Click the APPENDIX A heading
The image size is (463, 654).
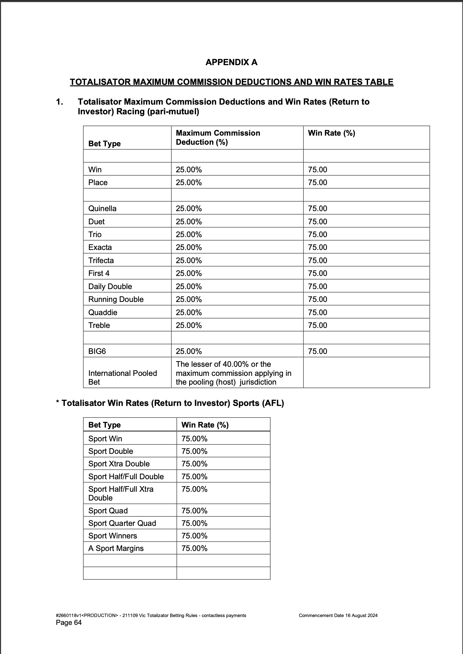click(x=231, y=62)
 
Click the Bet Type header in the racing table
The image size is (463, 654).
click(x=104, y=143)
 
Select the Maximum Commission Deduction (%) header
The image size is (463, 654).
click(x=218, y=138)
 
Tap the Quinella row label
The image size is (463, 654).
click(x=102, y=208)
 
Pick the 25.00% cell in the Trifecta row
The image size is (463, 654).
click(x=189, y=260)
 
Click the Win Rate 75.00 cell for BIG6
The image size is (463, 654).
click(x=317, y=351)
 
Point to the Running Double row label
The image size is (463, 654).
click(x=116, y=299)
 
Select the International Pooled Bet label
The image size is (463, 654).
click(x=122, y=377)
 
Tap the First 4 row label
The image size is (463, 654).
click(x=99, y=273)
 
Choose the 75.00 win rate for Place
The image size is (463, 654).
click(x=317, y=182)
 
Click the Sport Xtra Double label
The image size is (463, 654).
click(x=119, y=464)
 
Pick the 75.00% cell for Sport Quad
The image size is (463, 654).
click(x=194, y=511)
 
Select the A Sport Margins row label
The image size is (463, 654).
click(x=116, y=548)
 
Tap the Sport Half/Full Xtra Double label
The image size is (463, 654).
click(x=121, y=493)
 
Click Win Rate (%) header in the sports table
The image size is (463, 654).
click(x=205, y=425)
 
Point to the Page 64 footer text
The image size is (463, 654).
click(x=69, y=622)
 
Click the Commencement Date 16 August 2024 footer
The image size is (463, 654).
click(x=338, y=615)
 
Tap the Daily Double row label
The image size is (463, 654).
click(x=110, y=286)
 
